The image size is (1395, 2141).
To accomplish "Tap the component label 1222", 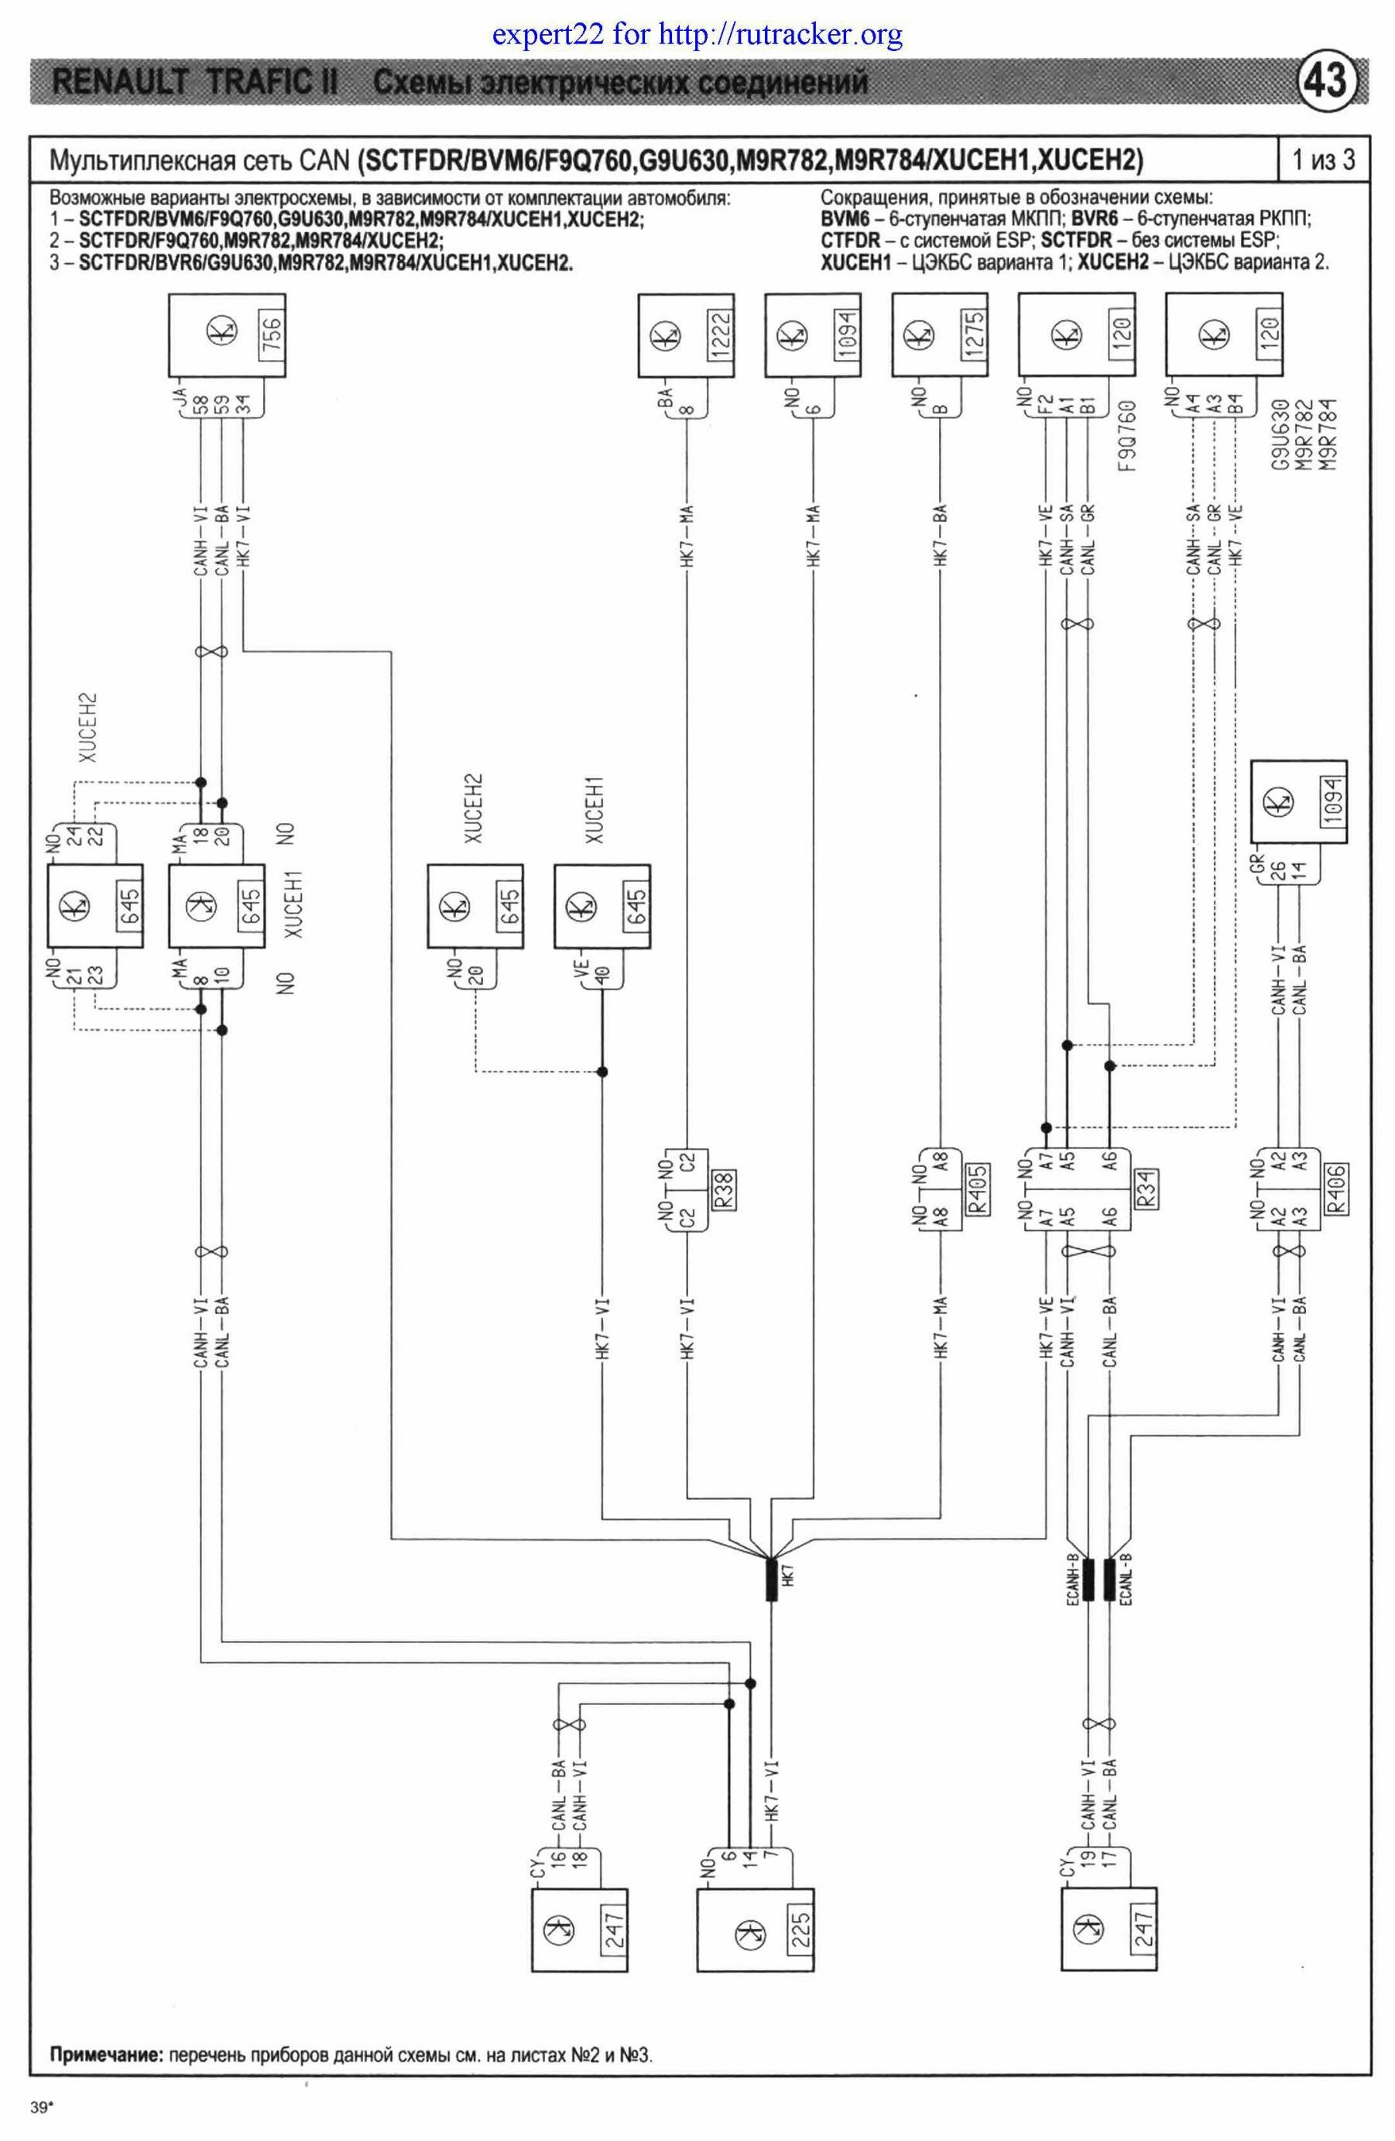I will coord(721,335).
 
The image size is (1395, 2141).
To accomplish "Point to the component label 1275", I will coord(974,335).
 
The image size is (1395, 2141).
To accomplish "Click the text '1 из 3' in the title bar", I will coord(1323,160).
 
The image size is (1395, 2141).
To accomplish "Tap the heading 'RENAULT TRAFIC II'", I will coord(195,83).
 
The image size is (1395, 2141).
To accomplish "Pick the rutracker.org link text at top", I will coord(780,35).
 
